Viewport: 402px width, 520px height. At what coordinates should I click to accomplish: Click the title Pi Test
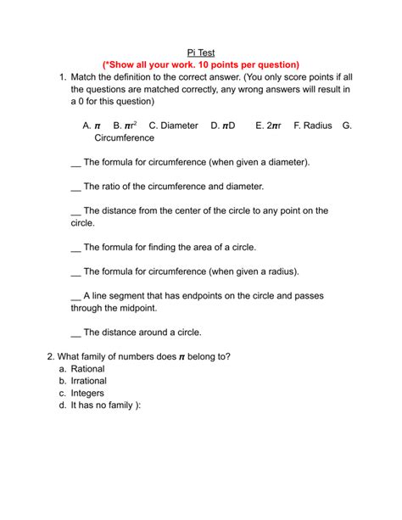(x=200, y=53)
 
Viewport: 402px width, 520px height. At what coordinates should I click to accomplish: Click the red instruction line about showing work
(x=200, y=65)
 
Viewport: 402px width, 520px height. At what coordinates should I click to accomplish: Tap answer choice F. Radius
(x=312, y=126)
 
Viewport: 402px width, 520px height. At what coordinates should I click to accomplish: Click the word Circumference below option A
(x=125, y=137)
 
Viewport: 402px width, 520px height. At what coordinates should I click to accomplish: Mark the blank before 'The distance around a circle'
(x=75, y=333)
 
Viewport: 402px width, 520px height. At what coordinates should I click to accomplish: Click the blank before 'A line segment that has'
(x=75, y=297)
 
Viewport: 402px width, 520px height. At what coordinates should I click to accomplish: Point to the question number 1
(x=62, y=78)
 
